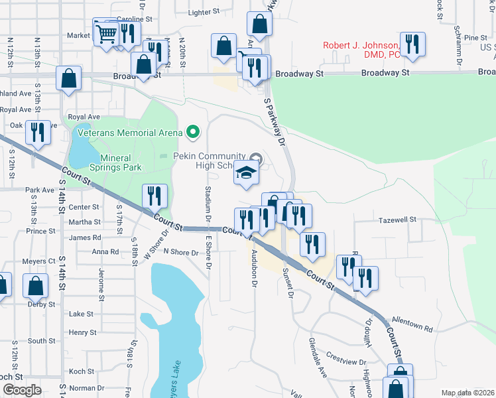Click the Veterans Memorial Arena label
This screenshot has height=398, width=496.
(x=129, y=133)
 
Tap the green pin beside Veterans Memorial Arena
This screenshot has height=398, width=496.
(x=193, y=132)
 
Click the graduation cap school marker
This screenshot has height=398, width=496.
(x=246, y=174)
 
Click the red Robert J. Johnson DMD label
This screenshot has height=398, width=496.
(x=362, y=50)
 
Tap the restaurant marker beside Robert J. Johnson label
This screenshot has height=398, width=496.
(x=412, y=44)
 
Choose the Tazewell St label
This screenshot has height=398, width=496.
(x=397, y=220)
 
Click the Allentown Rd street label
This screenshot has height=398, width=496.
(x=411, y=324)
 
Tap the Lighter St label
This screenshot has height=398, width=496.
(x=204, y=12)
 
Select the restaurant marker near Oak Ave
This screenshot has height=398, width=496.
(x=38, y=132)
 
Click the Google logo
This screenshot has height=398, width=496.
(x=21, y=389)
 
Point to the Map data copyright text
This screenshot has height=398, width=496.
(x=467, y=393)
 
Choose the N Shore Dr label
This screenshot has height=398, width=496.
(x=181, y=252)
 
